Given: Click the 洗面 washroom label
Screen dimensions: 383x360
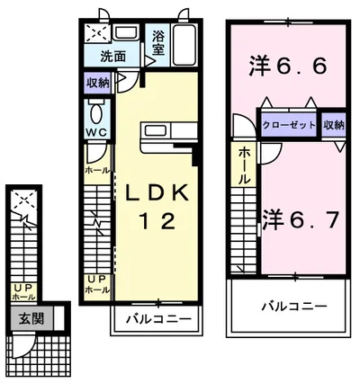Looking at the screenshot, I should pos(112,56).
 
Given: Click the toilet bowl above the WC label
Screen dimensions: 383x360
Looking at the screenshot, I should pos(96,114).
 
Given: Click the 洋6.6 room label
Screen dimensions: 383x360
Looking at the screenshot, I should pos(287,65).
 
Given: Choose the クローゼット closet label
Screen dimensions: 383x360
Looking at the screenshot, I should pos(288,125).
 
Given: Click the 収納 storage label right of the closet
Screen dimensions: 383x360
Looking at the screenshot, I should pos(333,125).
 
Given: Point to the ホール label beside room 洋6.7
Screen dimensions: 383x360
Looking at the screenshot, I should pos(246,166).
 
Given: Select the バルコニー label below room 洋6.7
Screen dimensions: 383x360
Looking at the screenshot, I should pos(288,306).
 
